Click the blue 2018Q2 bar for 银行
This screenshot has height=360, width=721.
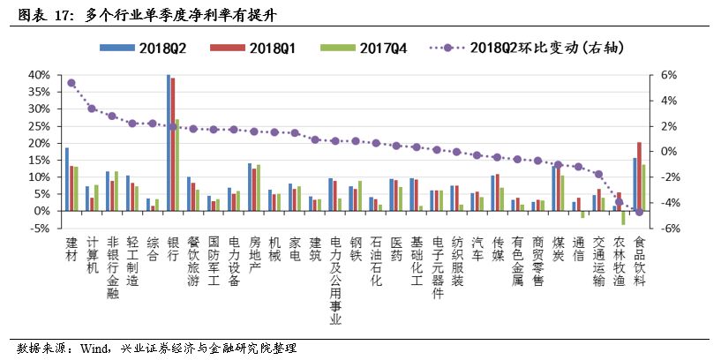[x=168, y=143]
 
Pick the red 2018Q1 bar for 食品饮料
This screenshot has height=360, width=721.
[x=639, y=176]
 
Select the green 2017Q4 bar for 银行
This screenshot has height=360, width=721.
[x=177, y=165]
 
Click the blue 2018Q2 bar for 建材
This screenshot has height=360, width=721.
[x=66, y=179]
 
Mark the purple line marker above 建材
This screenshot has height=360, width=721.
[x=71, y=83]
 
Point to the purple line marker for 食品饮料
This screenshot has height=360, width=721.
[x=639, y=212]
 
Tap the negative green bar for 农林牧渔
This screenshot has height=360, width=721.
[x=624, y=218]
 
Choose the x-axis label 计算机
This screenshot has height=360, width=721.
[x=92, y=255]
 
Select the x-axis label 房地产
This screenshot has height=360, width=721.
[x=254, y=255]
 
